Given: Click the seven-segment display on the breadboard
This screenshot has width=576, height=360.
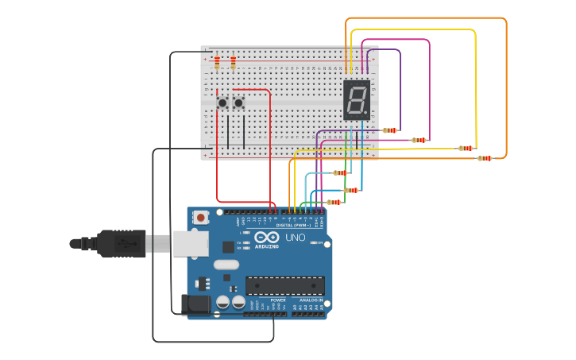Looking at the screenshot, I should [357, 100].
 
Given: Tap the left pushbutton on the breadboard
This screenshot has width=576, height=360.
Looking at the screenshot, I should [223, 103].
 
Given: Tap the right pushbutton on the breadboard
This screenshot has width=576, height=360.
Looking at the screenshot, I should [238, 103].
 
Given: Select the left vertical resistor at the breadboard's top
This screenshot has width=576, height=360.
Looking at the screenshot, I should [217, 61].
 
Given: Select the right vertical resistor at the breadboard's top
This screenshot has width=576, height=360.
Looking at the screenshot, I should [233, 61].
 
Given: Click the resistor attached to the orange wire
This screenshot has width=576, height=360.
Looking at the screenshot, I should [484, 158].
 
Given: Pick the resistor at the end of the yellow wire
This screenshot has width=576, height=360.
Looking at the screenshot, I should [466, 148].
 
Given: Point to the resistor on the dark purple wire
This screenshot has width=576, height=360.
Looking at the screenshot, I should [389, 130].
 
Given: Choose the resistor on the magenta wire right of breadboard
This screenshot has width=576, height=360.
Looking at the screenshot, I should [419, 140].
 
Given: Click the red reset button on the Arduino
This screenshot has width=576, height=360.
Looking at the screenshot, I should [201, 217].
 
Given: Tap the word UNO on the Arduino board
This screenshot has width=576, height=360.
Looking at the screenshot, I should [295, 237].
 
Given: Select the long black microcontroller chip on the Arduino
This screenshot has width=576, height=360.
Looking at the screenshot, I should [284, 285].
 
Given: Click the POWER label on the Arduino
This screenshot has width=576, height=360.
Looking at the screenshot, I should [267, 300].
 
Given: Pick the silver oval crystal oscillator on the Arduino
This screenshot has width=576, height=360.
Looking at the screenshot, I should [226, 265].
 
